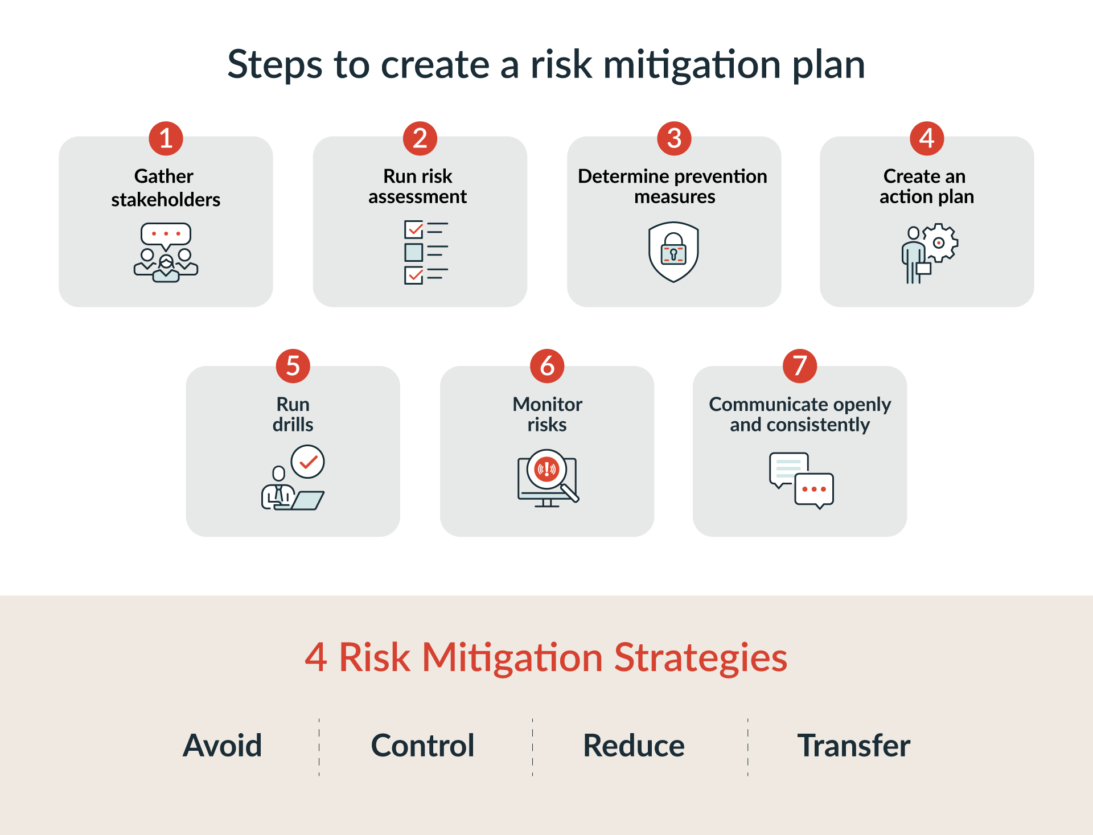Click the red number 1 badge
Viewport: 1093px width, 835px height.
(166, 138)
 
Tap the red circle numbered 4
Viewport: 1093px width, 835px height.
(927, 138)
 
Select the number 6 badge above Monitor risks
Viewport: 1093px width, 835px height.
(547, 366)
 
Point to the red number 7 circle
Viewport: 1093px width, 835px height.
(800, 366)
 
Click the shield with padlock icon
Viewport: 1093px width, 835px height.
(673, 252)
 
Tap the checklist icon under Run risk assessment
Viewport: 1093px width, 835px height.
(426, 252)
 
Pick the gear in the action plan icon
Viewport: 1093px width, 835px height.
(940, 242)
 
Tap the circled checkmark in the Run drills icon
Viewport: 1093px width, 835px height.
(307, 462)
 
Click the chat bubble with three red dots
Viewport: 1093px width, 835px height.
(814, 490)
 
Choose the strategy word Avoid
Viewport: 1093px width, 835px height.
(222, 746)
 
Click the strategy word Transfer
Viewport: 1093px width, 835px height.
(853, 746)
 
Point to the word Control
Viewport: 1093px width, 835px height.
(422, 746)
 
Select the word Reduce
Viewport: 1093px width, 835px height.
(634, 746)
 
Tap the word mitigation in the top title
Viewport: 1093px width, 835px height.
(692, 65)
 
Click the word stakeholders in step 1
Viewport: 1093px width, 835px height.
(166, 200)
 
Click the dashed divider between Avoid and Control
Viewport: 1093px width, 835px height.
(319, 747)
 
